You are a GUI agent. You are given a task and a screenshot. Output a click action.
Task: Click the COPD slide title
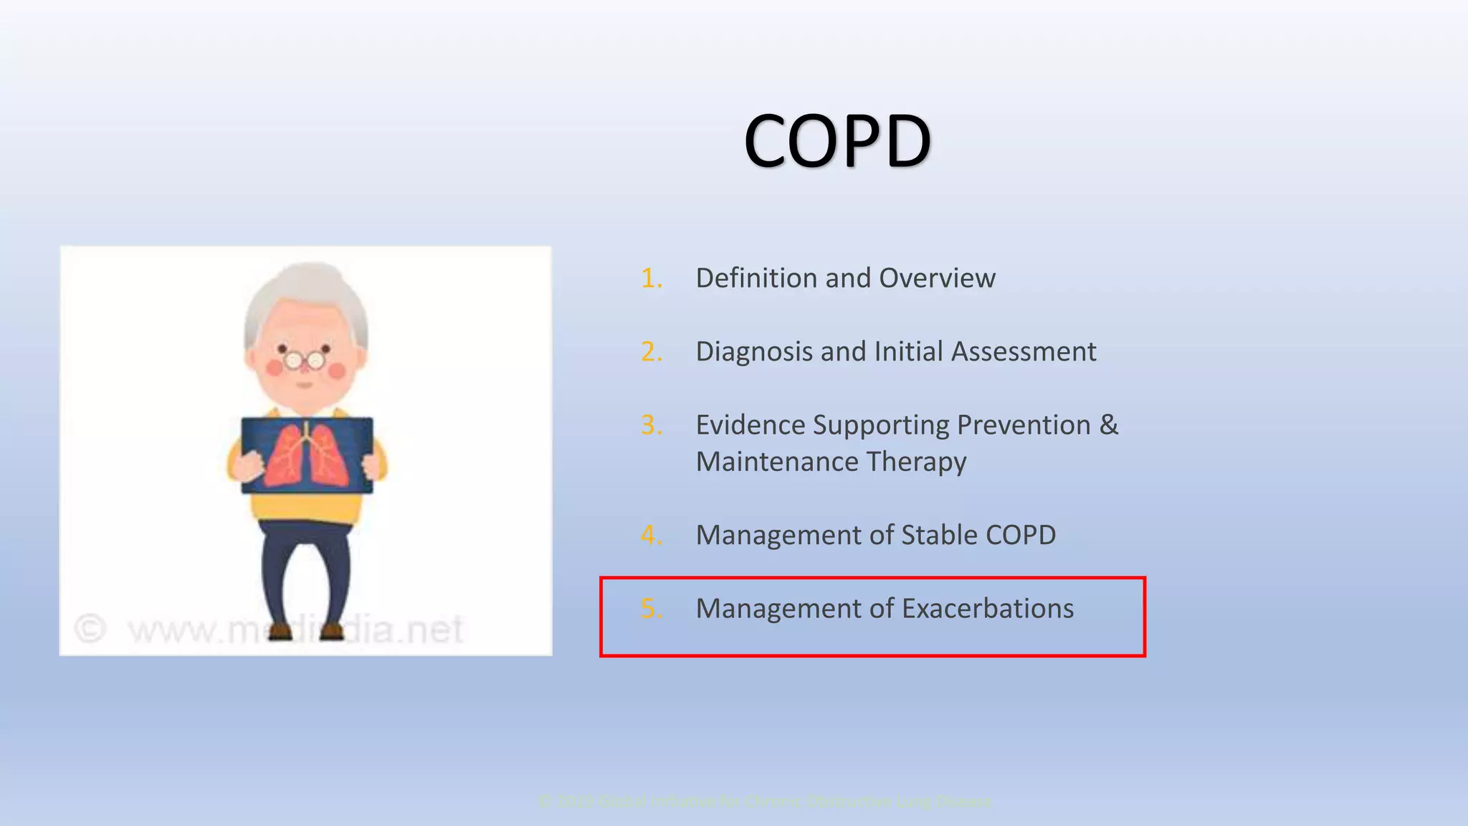click(837, 141)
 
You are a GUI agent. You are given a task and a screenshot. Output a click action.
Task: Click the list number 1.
click(651, 278)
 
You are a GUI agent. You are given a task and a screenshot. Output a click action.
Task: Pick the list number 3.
click(651, 425)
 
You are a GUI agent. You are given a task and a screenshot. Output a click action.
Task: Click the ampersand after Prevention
click(1108, 424)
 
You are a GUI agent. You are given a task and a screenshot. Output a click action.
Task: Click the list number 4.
click(651, 535)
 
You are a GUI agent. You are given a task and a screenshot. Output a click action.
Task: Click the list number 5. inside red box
click(651, 609)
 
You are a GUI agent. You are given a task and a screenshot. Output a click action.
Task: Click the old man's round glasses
click(305, 359)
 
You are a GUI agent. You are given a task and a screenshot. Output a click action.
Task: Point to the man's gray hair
click(308, 287)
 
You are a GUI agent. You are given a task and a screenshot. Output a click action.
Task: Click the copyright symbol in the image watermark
click(90, 629)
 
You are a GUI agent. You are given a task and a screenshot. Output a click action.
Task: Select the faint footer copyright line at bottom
click(765, 801)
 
